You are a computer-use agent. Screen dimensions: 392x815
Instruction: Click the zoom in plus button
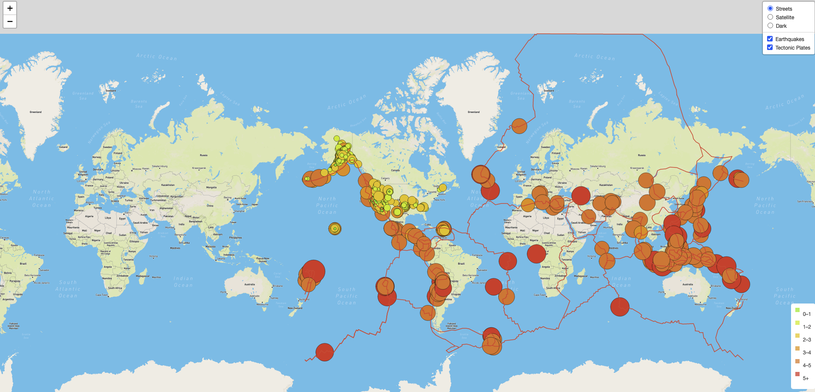tap(10, 8)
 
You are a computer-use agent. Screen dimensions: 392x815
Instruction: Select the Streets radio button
tap(770, 9)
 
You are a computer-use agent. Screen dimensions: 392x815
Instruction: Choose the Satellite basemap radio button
tap(770, 17)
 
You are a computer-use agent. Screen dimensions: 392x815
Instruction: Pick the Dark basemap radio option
tap(770, 26)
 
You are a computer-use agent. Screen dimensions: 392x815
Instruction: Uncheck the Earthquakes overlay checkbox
tap(770, 39)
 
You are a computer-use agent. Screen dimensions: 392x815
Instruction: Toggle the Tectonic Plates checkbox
tap(770, 47)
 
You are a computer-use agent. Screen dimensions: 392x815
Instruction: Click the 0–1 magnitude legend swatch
tap(797, 310)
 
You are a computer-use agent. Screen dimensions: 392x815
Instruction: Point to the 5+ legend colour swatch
tap(797, 374)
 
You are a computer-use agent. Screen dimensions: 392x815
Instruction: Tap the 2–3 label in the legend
tap(806, 340)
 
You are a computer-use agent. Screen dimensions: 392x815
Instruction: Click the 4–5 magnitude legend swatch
tap(797, 361)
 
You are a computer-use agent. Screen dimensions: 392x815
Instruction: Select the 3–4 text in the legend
tap(806, 353)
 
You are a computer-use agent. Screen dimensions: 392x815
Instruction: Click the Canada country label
tap(395, 170)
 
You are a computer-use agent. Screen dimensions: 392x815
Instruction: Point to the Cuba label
tap(427, 224)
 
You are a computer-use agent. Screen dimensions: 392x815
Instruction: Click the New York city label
tap(439, 200)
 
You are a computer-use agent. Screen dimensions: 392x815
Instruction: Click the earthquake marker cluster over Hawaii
tap(335, 229)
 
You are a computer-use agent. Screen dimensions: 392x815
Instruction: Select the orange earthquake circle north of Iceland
tap(519, 126)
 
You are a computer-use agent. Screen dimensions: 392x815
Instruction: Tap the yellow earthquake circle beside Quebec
tap(442, 187)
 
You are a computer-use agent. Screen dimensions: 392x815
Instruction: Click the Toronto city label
tap(433, 192)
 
